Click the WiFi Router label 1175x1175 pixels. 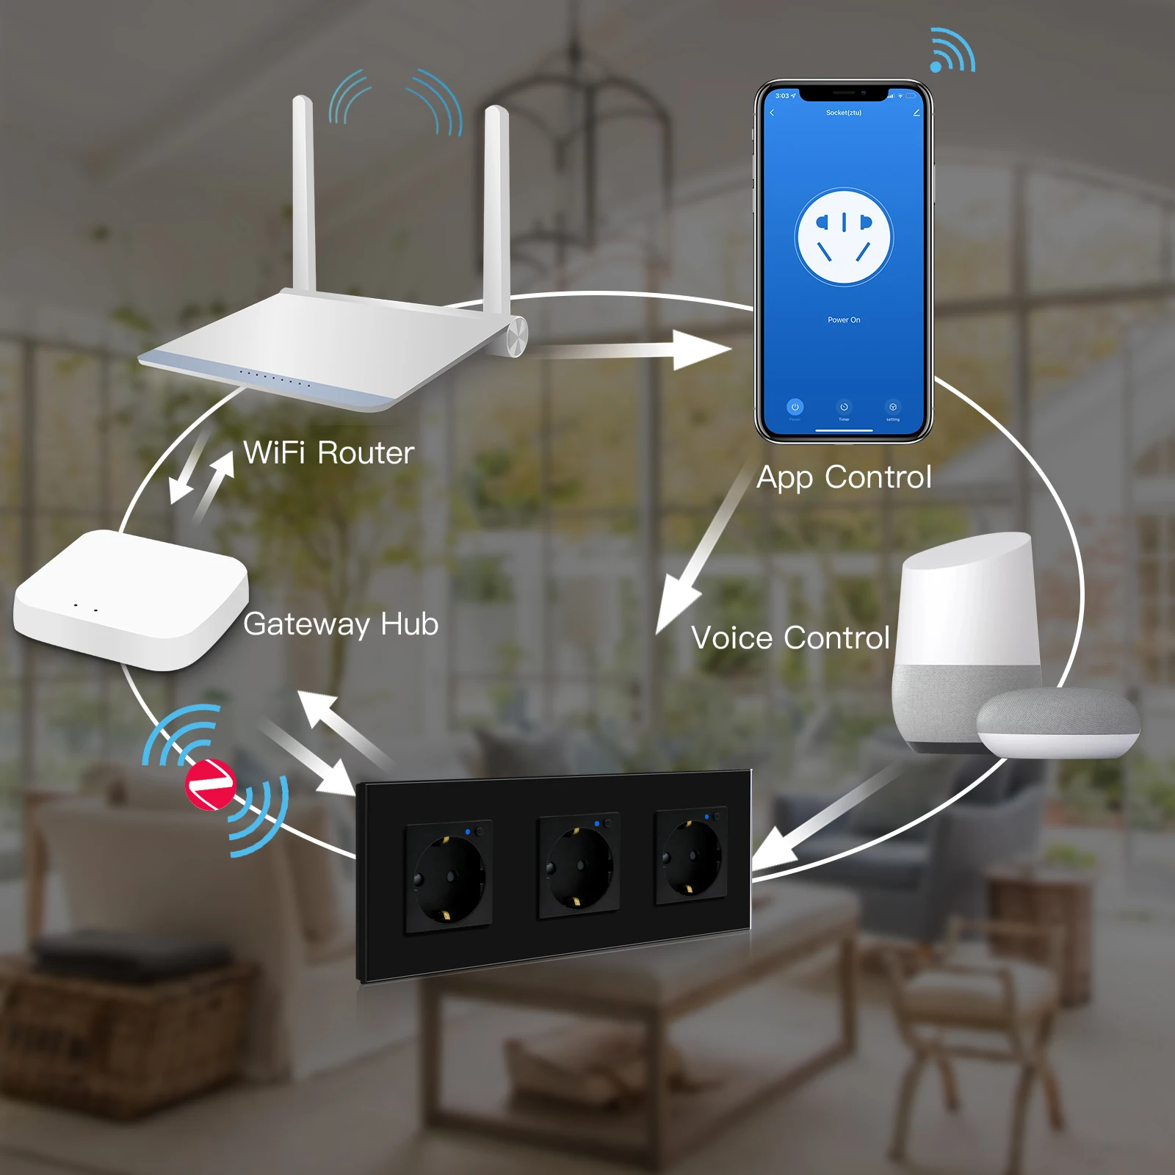point(328,453)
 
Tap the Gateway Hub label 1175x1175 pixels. point(341,624)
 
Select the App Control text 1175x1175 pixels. point(844,477)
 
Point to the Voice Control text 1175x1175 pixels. point(790,638)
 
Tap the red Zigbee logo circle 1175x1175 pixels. point(210,784)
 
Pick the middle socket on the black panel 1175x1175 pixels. point(579,864)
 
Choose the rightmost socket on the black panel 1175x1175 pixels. point(692,856)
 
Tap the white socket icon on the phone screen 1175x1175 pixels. point(844,236)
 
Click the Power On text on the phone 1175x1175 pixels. point(844,320)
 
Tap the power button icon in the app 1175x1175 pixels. point(795,407)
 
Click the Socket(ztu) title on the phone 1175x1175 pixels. point(844,113)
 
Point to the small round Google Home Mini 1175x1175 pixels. point(1057,723)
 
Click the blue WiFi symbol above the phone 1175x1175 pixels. point(952,51)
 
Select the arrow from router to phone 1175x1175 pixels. point(632,350)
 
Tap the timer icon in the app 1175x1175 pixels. point(844,407)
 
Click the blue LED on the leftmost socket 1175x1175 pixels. point(468,832)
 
